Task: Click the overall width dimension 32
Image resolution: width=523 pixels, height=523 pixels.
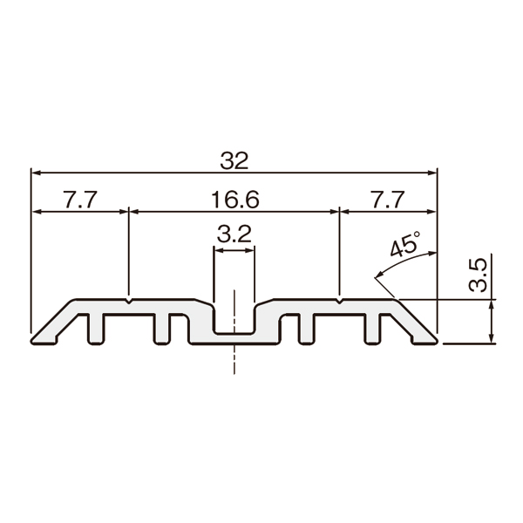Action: coord(234,160)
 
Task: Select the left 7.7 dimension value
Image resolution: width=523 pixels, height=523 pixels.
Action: coord(80,200)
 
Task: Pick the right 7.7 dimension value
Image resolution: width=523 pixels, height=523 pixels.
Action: coord(388,200)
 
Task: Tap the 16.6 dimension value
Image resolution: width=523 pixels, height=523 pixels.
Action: coord(235,200)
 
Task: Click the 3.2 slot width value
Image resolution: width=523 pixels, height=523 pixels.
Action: coord(234,234)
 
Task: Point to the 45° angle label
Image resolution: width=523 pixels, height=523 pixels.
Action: coord(404,243)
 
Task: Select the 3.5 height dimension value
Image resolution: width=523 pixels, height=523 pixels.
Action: coord(478,275)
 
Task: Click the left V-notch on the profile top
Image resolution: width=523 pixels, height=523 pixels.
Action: coord(129,302)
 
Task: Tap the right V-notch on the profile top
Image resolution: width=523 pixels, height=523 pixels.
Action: coord(340,302)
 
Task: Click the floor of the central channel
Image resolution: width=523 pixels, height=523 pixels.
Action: coord(234,333)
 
